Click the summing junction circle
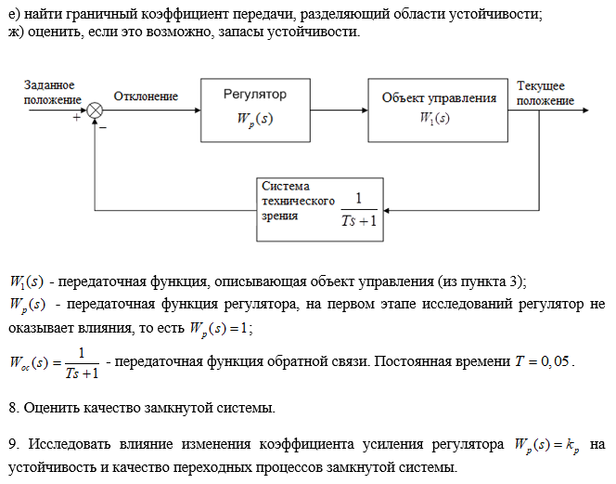pyautogui.click(x=95, y=109)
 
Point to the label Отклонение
pyautogui.click(x=146, y=96)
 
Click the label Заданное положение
pyautogui.click(x=49, y=92)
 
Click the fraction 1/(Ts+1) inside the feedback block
pyautogui.click(x=359, y=209)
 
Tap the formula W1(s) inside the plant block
pyautogui.click(x=435, y=119)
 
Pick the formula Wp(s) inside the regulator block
pyautogui.click(x=254, y=120)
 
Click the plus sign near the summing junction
pyautogui.click(x=77, y=118)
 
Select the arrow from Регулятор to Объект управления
pyautogui.click(x=339, y=109)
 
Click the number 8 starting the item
pyautogui.click(x=10, y=406)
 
